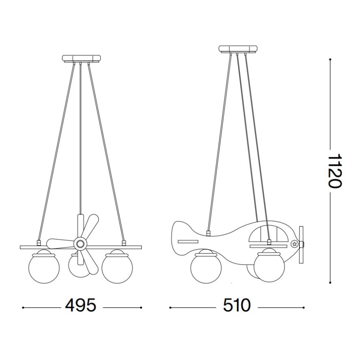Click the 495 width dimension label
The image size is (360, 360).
coord(81,306)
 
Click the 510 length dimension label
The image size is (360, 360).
coord(236,306)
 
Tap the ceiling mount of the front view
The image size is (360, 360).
coord(81,58)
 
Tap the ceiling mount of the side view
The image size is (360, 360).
coord(237,49)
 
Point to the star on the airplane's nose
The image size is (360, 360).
coord(294,243)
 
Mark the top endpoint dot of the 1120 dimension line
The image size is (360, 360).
coord(330,59)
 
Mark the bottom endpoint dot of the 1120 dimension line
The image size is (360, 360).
coord(330,282)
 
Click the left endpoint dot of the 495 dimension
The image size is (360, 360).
coord(23,307)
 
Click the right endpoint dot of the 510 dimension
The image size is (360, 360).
coord(304,307)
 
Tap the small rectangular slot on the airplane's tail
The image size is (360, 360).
coord(187,241)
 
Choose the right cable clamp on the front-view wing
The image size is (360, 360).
coord(123,242)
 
